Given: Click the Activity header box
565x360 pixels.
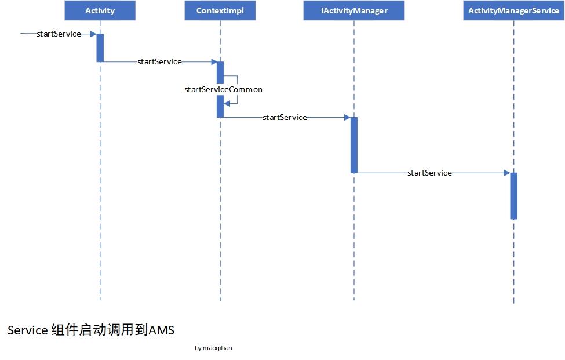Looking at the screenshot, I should coord(100,10).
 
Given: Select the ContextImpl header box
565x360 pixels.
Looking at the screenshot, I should coord(220,10).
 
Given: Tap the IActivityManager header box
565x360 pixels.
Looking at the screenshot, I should coord(353,10).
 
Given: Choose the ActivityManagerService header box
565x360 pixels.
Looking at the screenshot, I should coord(513,10).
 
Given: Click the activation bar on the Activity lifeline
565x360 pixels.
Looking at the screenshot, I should coord(100,48).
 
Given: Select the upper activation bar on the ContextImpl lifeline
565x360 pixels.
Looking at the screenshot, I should coord(220,72).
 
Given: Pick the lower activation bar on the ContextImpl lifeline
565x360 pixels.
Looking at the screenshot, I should coord(220,107).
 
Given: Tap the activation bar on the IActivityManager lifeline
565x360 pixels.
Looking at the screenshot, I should coord(353,145).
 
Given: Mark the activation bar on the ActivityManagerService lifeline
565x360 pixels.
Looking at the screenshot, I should coord(513,196).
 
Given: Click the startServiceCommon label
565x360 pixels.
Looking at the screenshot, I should coord(223,90).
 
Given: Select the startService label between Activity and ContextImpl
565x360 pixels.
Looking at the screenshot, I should coord(159,61).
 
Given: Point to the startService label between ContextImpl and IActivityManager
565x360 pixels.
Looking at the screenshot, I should coord(285,118).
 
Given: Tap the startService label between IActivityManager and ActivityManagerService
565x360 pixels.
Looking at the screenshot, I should coord(429,173).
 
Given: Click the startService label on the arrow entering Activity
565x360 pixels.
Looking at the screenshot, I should coord(59,34).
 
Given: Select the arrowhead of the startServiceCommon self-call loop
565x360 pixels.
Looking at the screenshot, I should coord(227,103).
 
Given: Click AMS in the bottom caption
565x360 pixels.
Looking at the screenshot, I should coord(161,330).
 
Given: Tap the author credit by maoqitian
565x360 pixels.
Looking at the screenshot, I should coord(214,348).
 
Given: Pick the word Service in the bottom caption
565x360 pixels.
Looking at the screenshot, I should coord(27,330).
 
